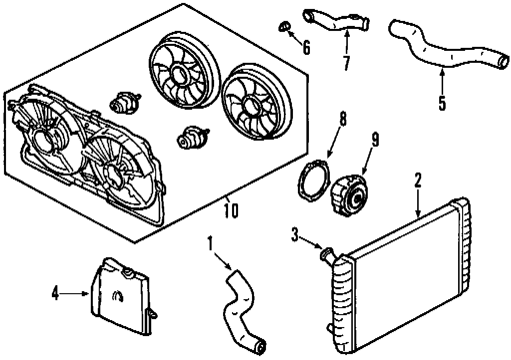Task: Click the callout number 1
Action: tap(210, 244)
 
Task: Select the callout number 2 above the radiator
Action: tap(418, 181)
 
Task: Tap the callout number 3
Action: tap(296, 235)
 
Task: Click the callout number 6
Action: tap(306, 47)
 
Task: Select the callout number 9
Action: tap(374, 140)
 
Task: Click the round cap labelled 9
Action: tap(349, 196)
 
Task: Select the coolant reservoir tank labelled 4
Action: tap(120, 297)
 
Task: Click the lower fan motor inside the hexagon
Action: tap(192, 137)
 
